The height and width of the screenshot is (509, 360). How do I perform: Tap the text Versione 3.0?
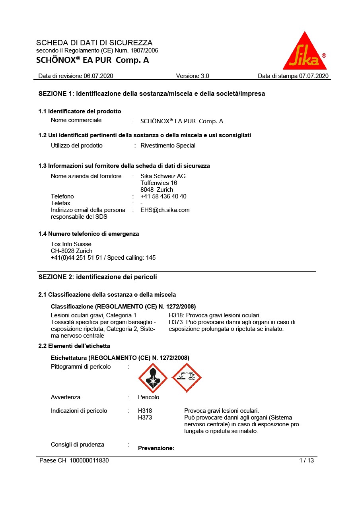click(192, 76)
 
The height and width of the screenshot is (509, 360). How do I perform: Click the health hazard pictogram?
click(153, 378)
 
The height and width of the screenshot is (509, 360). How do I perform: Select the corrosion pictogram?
click(187, 378)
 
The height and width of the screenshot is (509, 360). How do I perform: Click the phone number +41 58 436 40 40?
click(163, 196)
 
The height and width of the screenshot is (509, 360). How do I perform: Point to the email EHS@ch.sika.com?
click(165, 210)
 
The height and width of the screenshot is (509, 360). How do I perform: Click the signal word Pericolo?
click(148, 397)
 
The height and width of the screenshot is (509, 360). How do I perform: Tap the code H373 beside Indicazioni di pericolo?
click(145, 418)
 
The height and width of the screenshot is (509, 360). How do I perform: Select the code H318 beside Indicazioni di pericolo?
click(145, 411)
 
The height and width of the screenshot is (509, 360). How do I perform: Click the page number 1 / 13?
click(306, 460)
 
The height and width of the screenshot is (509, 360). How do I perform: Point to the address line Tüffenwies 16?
click(159, 183)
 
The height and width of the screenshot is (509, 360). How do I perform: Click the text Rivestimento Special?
click(168, 146)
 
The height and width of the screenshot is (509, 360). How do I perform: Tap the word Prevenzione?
click(156, 448)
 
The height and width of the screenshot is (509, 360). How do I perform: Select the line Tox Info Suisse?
click(71, 244)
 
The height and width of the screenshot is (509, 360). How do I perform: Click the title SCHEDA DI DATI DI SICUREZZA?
click(94, 43)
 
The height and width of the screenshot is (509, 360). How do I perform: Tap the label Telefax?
click(60, 203)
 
